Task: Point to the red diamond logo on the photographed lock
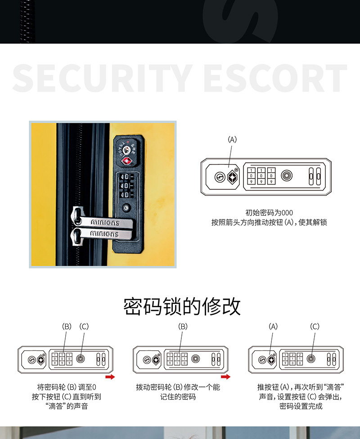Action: tap(127, 161)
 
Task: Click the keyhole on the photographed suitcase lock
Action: tap(127, 147)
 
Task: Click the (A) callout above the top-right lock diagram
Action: tap(232, 140)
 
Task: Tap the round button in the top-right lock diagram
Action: tap(287, 175)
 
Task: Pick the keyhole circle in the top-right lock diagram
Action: tap(219, 176)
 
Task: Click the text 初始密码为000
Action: tap(269, 213)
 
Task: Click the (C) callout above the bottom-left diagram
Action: tap(84, 327)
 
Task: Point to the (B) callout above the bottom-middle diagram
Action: tap(183, 327)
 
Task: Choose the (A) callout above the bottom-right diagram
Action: tap(273, 327)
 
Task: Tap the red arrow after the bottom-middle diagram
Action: tap(225, 376)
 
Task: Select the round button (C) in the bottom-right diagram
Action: tap(310, 358)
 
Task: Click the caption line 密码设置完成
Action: tap(301, 407)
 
